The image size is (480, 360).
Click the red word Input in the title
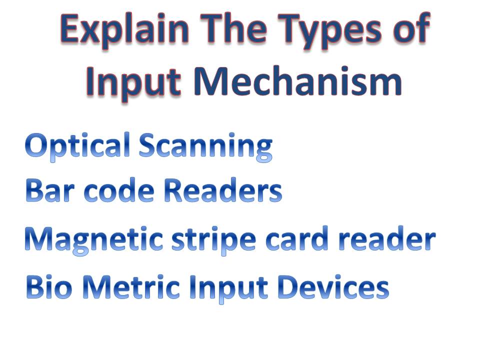(x=133, y=82)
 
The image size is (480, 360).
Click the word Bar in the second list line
(x=50, y=191)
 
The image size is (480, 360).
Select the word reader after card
(x=388, y=240)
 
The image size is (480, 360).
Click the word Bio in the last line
(x=49, y=287)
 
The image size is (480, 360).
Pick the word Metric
(x=132, y=287)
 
